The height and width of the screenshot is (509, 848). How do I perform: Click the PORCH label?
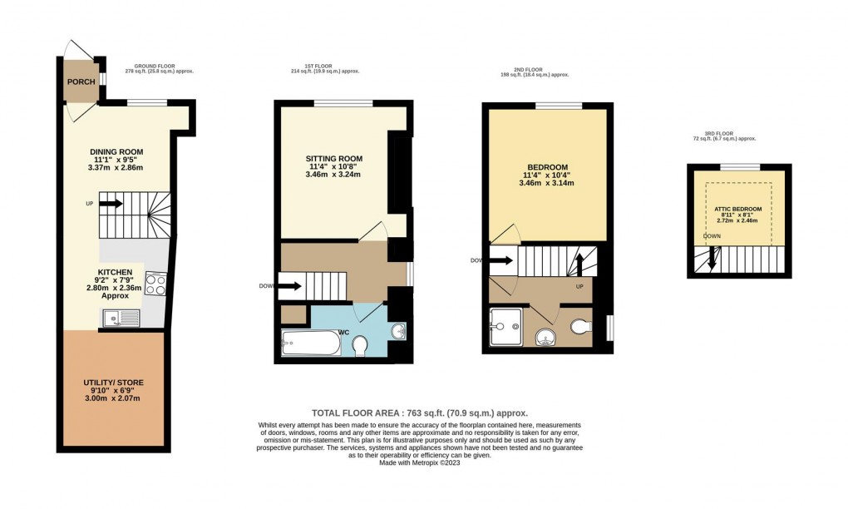[81, 82]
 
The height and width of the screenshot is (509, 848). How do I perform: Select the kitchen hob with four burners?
[155, 284]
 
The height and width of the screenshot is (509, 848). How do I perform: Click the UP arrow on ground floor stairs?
[111, 203]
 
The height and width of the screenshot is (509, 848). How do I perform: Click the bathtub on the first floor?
[310, 343]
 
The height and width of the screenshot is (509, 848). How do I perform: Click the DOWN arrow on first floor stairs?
[289, 288]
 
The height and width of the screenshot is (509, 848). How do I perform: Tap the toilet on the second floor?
[582, 326]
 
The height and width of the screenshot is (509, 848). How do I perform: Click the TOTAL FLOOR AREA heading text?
[420, 413]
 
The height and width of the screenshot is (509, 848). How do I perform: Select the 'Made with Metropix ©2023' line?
[420, 463]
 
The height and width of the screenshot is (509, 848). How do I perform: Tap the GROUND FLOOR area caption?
[164, 68]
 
